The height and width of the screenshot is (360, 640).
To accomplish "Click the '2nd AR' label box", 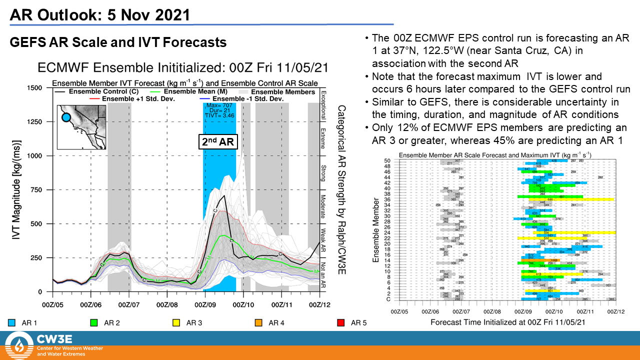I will pyautogui.click(x=217, y=141).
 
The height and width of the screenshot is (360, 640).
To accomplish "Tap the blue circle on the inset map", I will pyautogui.click(x=66, y=118).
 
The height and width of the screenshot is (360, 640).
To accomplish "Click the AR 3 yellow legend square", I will pyautogui.click(x=176, y=323).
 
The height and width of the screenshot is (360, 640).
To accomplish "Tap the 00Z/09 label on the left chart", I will pyautogui.click(x=204, y=303).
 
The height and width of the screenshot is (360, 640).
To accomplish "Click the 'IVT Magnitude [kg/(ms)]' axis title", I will pyautogui.click(x=16, y=190).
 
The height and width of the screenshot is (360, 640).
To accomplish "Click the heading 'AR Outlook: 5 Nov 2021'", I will pyautogui.click(x=100, y=14).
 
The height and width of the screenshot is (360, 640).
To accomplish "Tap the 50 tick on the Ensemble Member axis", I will pyautogui.click(x=387, y=160).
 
